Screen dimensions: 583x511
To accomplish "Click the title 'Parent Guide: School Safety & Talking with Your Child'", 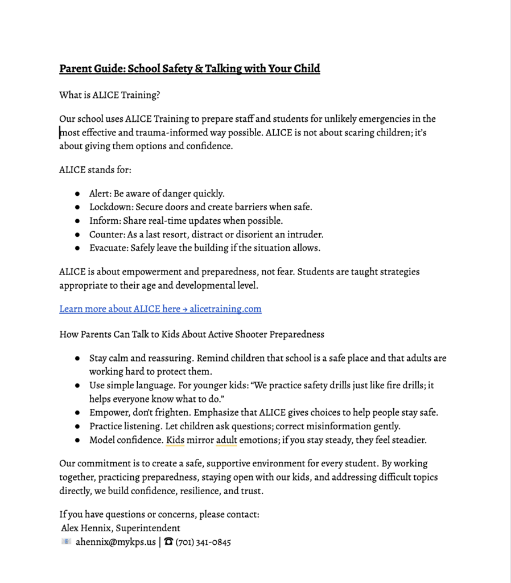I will point(189,69).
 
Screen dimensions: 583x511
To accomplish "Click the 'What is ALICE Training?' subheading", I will point(109,95).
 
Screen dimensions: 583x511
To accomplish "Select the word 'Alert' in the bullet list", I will point(100,194).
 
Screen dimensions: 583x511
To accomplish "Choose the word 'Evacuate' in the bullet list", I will point(108,248).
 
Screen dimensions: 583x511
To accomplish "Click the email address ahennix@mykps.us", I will point(116,542).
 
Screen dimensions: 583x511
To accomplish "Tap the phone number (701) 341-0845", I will point(203,542).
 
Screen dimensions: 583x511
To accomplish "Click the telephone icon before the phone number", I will point(168,542).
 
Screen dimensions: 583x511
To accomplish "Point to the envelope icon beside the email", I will point(66,542).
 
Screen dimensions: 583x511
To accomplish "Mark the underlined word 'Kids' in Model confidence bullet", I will point(175,440).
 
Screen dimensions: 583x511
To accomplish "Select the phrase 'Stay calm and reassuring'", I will point(141,359).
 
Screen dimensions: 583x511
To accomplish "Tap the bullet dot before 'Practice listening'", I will point(77,426).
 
